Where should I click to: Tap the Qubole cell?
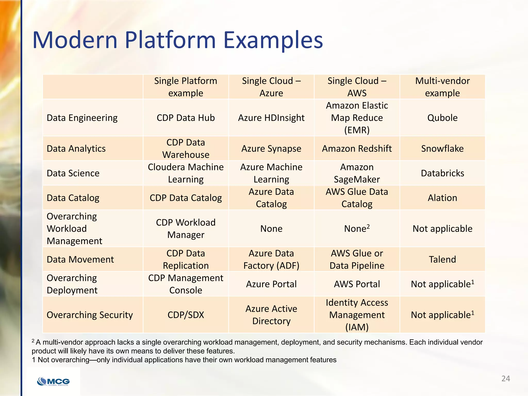tap(442, 118)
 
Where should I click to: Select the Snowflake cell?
tap(442, 148)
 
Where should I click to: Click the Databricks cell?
tap(442, 173)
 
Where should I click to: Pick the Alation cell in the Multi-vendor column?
tap(442, 198)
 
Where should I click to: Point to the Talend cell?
tap(442, 259)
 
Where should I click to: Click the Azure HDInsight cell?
tap(271, 118)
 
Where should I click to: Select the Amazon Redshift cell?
tap(357, 148)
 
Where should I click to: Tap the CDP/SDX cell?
tap(186, 315)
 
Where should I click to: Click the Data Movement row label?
tap(80, 259)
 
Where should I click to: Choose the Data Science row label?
tap(73, 173)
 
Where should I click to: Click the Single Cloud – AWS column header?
tap(357, 87)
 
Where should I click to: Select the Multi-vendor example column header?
tap(442, 87)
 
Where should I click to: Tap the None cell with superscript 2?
tap(357, 229)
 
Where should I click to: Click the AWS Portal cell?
tap(357, 284)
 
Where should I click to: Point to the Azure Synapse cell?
tap(271, 148)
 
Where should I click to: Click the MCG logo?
tap(54, 381)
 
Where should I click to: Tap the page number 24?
tap(506, 378)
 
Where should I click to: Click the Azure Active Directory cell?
tap(271, 315)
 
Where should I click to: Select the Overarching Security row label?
tap(89, 315)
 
